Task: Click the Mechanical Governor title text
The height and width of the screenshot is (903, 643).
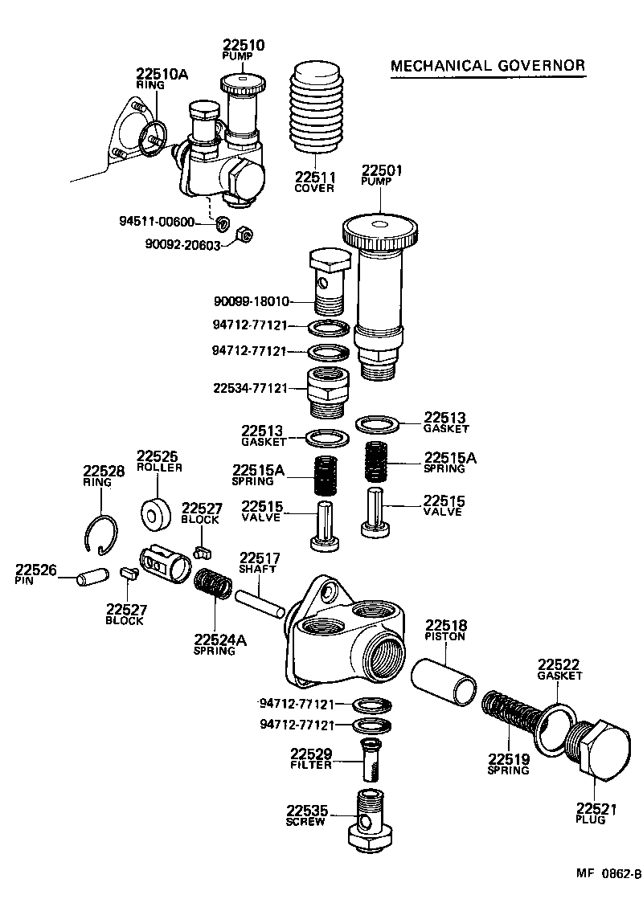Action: pyautogui.click(x=488, y=65)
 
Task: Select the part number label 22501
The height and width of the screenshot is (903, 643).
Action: pyautogui.click(x=382, y=170)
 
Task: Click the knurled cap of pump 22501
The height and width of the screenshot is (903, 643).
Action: pyautogui.click(x=380, y=231)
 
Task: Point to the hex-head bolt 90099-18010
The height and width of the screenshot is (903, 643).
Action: pyautogui.click(x=329, y=282)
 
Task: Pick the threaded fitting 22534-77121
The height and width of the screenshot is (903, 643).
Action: pyautogui.click(x=327, y=390)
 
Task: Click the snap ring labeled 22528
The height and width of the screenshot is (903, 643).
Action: pyautogui.click(x=102, y=534)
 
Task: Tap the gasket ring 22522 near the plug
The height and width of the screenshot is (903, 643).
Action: pyautogui.click(x=555, y=726)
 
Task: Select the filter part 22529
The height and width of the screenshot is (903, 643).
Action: pyautogui.click(x=371, y=761)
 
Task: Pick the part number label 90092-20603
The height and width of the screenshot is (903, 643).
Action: pyautogui.click(x=182, y=246)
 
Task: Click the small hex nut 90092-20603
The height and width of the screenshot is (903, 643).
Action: pyautogui.click(x=247, y=235)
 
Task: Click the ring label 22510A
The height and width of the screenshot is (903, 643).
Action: pyautogui.click(x=162, y=74)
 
